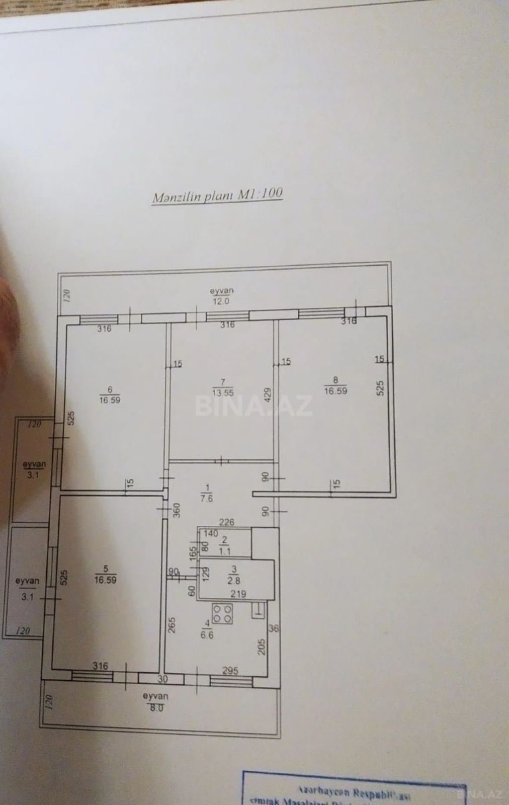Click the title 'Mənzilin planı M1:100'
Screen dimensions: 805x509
[x=217, y=195]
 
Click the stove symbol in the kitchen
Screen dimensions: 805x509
[x=222, y=614]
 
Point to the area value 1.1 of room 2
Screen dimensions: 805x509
[x=224, y=551]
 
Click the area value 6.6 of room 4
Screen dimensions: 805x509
[x=207, y=635]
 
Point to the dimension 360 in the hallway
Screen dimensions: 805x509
[x=177, y=510]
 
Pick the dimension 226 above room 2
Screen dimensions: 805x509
[x=227, y=522]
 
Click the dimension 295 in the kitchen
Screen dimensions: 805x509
[x=230, y=671]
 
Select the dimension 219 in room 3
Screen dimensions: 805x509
[x=238, y=594]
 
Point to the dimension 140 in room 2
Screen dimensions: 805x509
[x=211, y=533]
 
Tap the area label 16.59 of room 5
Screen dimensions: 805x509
[x=105, y=579]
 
